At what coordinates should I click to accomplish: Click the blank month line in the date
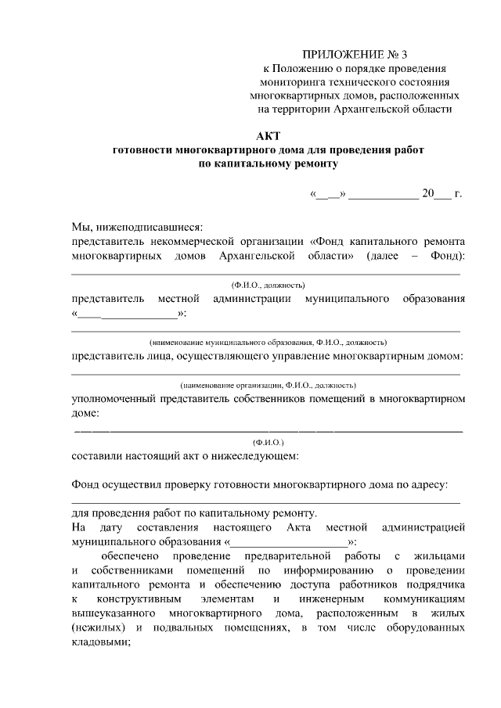(x=383, y=192)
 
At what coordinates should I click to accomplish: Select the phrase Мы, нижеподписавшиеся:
(x=137, y=227)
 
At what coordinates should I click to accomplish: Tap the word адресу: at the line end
(x=427, y=485)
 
